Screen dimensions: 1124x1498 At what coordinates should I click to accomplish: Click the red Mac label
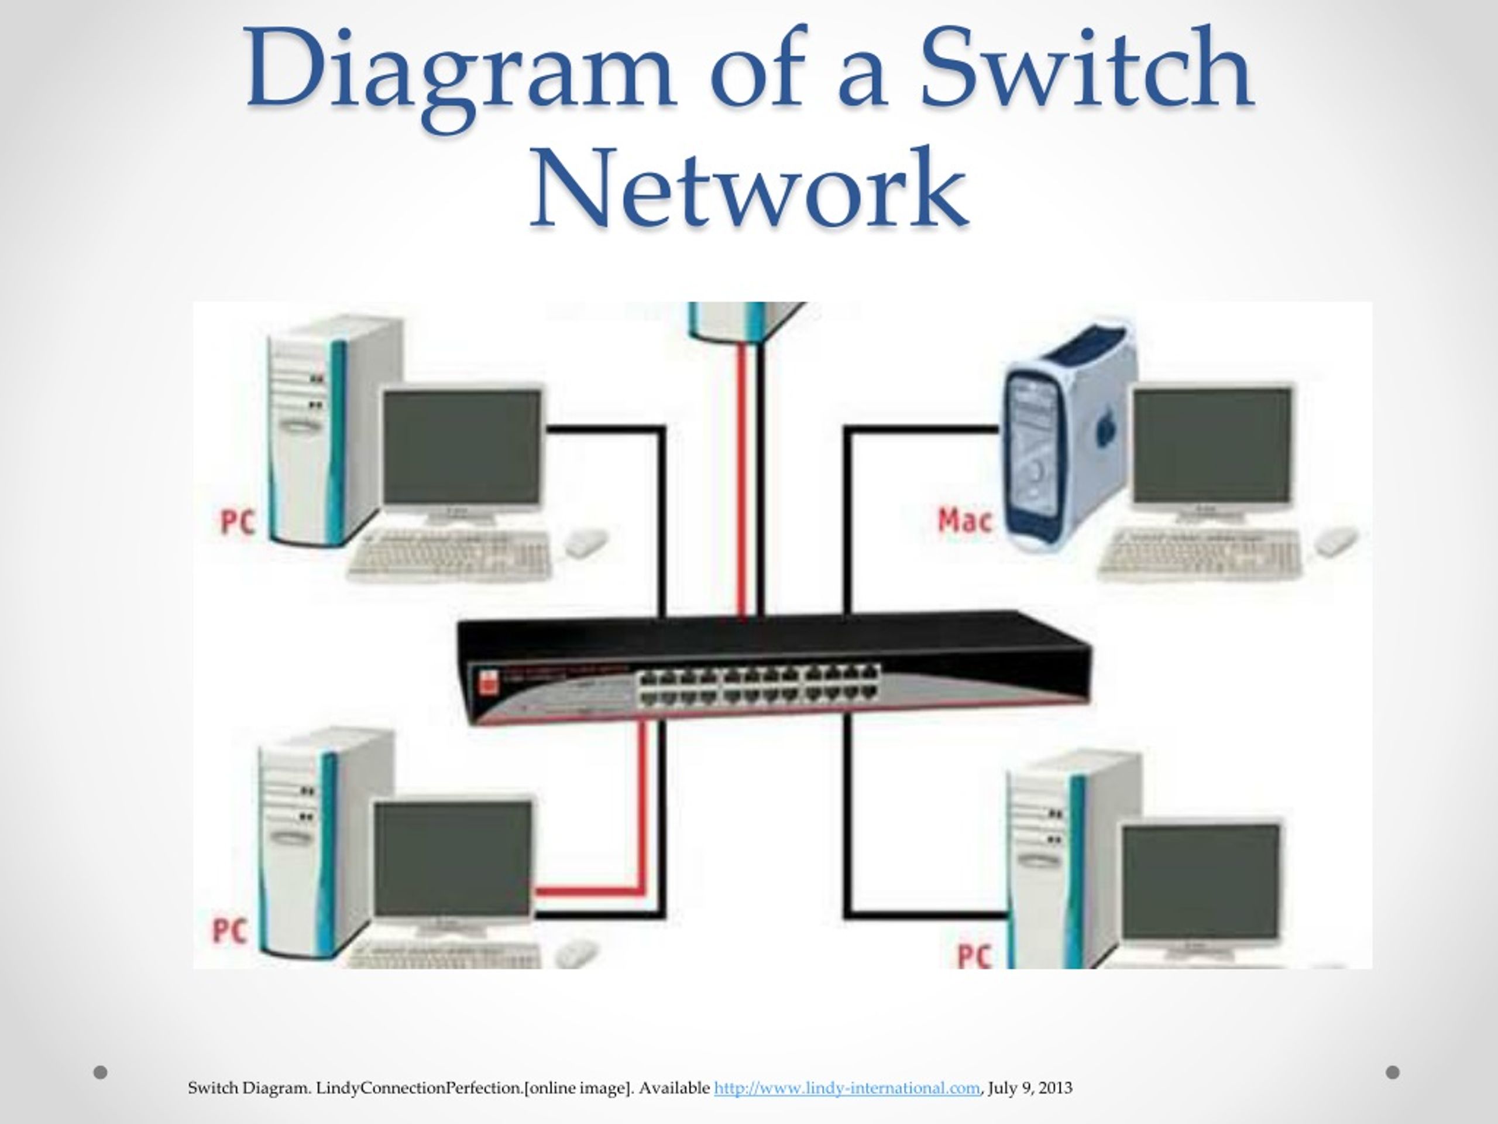pos(965,520)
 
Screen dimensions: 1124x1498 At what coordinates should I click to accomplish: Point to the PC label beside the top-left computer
pos(238,522)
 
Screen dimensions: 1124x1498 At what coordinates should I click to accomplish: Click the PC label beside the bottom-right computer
pos(974,955)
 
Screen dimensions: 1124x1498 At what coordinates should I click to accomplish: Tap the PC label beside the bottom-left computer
pos(229,930)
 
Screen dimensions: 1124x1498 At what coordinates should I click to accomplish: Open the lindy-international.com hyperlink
pos(847,1088)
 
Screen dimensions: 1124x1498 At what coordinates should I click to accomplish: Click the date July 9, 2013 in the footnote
pos(1030,1088)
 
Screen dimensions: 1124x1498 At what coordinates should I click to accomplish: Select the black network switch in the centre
pos(772,667)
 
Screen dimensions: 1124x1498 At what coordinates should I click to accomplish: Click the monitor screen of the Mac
pos(1212,447)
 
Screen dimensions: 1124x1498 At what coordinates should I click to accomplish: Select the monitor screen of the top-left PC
pos(462,448)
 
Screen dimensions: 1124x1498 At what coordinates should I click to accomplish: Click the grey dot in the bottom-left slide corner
pos(100,1072)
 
